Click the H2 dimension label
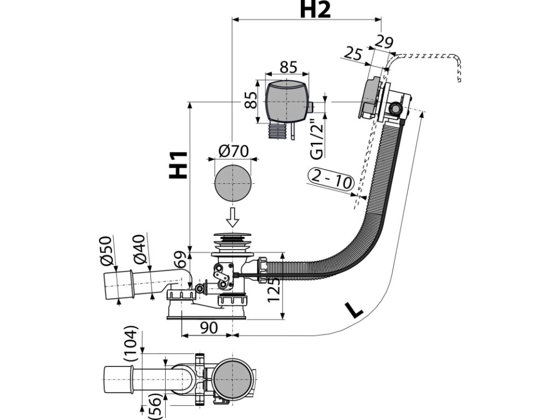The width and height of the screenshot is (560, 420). [315, 10]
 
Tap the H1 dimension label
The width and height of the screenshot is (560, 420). [178, 165]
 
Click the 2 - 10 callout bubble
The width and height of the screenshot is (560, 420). [331, 179]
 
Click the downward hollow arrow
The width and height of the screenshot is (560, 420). [233, 217]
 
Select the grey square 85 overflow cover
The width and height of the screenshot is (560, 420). [287, 102]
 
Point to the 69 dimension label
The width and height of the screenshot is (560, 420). [180, 260]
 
